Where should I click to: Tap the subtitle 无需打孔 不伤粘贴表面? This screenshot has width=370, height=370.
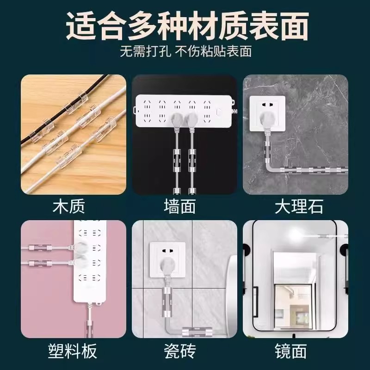click(x=185, y=51)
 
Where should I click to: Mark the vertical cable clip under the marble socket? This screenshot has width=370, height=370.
click(x=267, y=149)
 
